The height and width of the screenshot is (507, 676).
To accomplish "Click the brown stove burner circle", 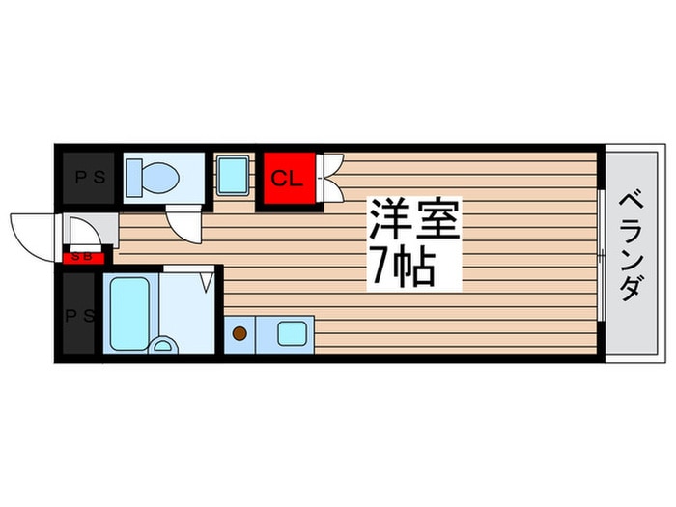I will (239, 335).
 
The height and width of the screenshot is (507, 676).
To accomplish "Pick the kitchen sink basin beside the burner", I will (290, 334).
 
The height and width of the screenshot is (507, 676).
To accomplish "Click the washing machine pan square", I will (233, 176).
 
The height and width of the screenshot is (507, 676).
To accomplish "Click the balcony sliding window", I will (601, 255).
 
